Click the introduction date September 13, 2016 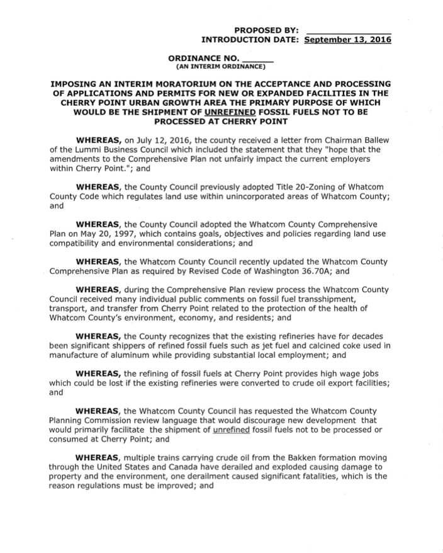pyautogui.click(x=347, y=39)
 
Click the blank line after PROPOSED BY pyautogui.click(x=347, y=30)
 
